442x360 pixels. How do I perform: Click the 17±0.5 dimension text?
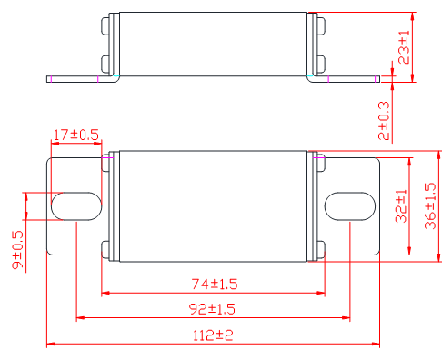point(76,135)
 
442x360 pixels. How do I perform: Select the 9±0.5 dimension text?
point(17,249)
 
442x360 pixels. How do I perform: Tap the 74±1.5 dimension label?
point(214,284)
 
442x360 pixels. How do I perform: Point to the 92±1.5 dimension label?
point(212,309)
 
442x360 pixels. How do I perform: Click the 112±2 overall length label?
point(213,335)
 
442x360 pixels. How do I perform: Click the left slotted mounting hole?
point(76,205)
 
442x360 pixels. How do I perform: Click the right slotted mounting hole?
point(349,205)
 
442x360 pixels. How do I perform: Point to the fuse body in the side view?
point(213,44)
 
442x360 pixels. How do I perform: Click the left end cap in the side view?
point(112,44)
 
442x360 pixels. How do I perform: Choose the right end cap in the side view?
point(316,44)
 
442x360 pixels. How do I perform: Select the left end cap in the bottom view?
point(111,205)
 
